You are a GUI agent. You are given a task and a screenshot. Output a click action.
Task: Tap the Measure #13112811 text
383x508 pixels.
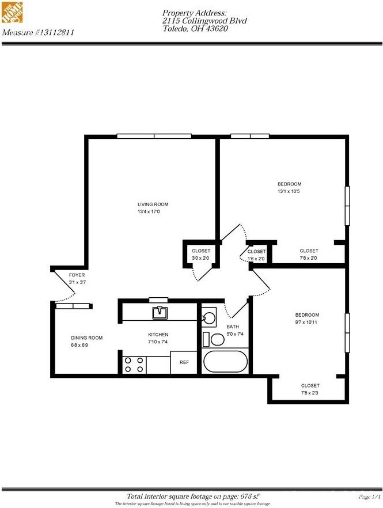(38, 33)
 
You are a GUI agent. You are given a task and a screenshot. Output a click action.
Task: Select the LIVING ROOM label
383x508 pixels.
(153, 204)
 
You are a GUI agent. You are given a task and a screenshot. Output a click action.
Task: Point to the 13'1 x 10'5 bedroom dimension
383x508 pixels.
(289, 192)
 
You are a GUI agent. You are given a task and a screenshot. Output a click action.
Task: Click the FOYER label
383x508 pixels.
(77, 275)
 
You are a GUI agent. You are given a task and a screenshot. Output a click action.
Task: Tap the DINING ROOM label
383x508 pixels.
(86, 338)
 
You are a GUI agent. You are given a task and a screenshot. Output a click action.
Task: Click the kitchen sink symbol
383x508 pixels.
(160, 313)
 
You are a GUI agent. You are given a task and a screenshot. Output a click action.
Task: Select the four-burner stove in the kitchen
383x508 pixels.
(134, 365)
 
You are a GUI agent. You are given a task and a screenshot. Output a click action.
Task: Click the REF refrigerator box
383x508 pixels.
(184, 363)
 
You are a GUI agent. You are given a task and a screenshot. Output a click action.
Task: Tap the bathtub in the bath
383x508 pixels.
(225, 362)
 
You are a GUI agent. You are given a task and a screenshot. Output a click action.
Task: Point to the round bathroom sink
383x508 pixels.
(209, 317)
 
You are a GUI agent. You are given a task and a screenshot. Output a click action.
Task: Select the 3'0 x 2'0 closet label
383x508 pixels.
(200, 259)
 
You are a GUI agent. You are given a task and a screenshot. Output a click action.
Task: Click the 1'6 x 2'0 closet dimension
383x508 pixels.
(256, 259)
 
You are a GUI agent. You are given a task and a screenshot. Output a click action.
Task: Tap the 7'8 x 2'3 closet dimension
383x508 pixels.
(309, 393)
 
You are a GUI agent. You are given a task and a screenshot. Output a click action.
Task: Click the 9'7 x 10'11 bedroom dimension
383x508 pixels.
(306, 323)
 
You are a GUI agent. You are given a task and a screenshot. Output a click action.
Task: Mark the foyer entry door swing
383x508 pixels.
(65, 288)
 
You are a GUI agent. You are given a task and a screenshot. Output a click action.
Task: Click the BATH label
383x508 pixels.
(232, 327)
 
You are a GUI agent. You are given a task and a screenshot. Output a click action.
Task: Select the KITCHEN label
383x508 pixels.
(158, 335)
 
